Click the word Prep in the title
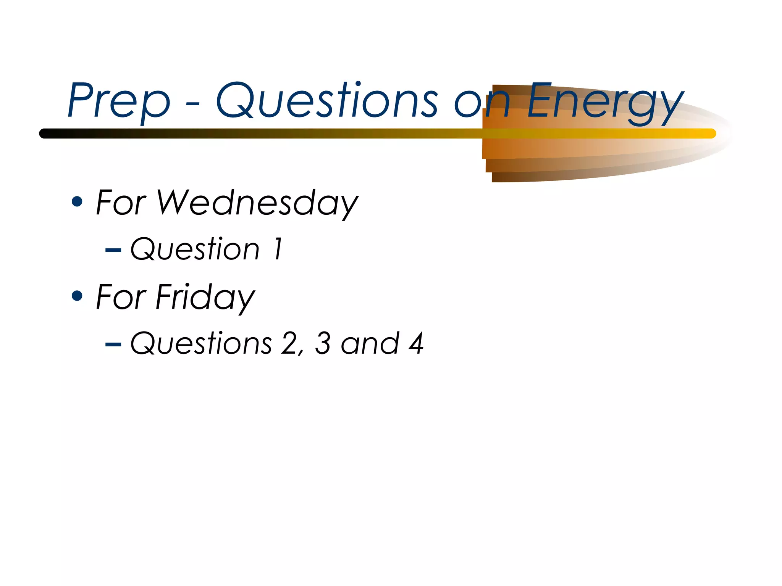point(119,101)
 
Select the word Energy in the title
point(605,102)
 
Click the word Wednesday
point(257,203)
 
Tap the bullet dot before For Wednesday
point(77,201)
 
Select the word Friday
point(205,298)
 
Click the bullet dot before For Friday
point(77,296)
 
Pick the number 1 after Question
point(278,249)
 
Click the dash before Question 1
point(113,250)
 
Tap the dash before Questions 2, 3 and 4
point(113,345)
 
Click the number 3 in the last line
point(323,343)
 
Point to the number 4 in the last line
point(416,343)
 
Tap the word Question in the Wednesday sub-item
point(195,249)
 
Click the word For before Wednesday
point(121,203)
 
